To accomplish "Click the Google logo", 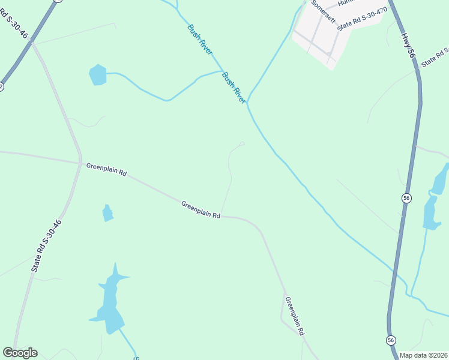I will coord(20,353).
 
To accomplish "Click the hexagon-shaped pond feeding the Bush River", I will coord(97,75).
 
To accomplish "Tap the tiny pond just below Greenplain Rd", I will coord(107,213).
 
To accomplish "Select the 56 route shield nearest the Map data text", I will coord(391,340).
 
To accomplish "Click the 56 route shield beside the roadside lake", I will coord(406,198).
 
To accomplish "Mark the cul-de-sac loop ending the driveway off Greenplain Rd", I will coord(242,143).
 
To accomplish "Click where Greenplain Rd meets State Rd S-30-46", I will coord(80,163).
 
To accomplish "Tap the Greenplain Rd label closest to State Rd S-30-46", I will coord(106,169).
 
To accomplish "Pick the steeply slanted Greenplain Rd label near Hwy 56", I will coord(295,316).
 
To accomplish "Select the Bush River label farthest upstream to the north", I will coord(199,40).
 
